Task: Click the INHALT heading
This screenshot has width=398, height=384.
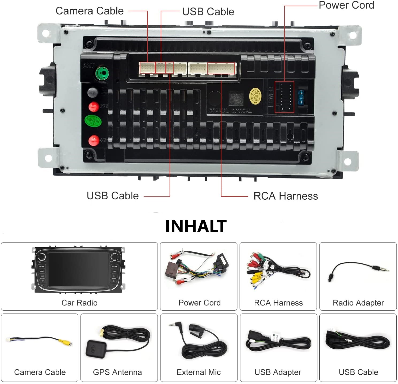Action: coord(196,226)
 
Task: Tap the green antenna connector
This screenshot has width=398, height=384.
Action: coord(102,73)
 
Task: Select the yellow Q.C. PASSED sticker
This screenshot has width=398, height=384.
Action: coord(255,95)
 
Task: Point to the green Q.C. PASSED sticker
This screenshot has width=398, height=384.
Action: coord(93,121)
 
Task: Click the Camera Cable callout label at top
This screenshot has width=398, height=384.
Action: coord(90,11)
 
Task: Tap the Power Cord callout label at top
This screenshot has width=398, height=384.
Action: coord(346,5)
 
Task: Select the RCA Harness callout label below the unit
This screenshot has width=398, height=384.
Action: coord(286,196)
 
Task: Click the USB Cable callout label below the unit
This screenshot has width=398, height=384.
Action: coord(113,196)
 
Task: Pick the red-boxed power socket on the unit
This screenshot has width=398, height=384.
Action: coord(284,97)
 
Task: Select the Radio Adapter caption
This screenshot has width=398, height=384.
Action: coord(358,303)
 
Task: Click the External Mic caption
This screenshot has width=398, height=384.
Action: coord(199,372)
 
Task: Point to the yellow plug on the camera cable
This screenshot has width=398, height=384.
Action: coord(62,342)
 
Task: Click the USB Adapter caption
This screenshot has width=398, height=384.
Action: coord(278,372)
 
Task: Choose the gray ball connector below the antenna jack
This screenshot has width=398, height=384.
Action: coord(93,92)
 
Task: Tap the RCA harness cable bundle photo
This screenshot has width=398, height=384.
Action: coord(278,271)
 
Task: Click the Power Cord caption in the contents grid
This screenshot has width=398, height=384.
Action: coord(200,303)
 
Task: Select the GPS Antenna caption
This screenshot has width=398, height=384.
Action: coord(117,372)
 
